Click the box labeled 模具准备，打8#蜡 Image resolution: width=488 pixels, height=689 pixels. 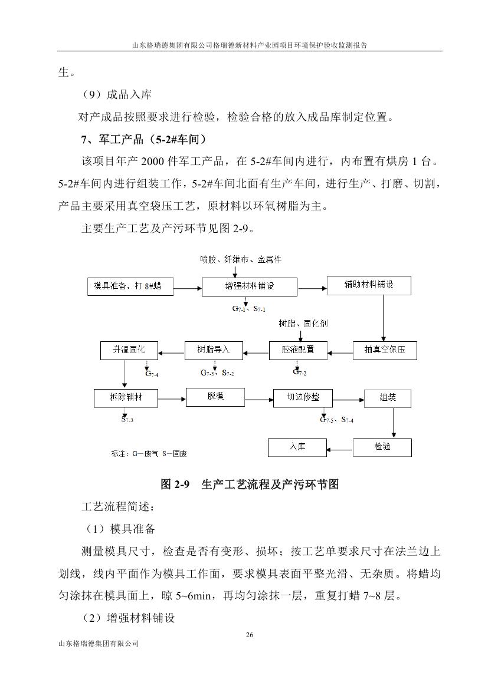point(127,287)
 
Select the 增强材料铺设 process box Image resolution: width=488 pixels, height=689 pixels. point(250,287)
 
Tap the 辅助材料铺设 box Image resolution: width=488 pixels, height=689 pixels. point(369,286)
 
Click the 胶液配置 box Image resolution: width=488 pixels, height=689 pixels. point(299,350)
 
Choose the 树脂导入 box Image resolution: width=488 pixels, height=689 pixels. point(214,350)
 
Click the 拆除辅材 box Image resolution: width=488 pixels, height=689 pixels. point(126,398)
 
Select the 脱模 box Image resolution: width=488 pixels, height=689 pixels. point(215,397)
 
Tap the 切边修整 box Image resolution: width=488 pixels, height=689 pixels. point(303,398)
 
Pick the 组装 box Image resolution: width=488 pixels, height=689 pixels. point(388,398)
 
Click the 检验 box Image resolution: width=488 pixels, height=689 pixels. point(382,447)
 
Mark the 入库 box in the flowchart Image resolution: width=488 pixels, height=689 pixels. point(297,447)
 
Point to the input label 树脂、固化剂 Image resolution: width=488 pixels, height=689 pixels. point(303,324)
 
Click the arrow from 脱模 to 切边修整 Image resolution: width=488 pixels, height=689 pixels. point(258,398)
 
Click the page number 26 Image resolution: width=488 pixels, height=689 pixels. point(249,635)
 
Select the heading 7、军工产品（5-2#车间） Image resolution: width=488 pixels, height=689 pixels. point(144,140)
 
